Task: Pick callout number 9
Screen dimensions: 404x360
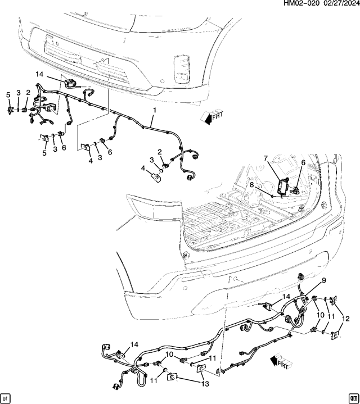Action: coord(324,280)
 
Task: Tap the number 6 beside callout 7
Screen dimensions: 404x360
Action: coord(303,163)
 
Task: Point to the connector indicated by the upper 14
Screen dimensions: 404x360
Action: coord(71,83)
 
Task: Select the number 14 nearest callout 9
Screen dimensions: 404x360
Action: coord(286,296)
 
